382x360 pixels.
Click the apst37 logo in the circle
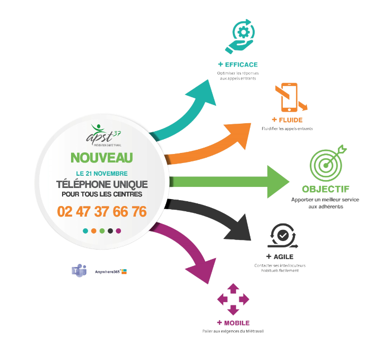click(103, 135)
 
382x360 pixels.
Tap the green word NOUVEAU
click(102, 158)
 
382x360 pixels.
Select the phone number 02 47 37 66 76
click(102, 211)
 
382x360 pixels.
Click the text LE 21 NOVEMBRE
click(102, 174)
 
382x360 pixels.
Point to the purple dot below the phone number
click(118, 231)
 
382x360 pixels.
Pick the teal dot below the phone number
click(85, 231)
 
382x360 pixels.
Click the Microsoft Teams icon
click(79, 270)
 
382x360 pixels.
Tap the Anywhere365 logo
click(111, 271)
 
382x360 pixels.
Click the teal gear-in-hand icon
click(240, 36)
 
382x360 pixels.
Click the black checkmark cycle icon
click(283, 236)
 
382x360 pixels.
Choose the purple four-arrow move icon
click(233, 299)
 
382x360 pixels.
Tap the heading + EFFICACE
click(238, 65)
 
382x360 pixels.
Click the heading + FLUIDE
click(287, 120)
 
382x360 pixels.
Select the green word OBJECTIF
click(326, 189)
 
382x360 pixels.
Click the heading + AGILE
click(280, 256)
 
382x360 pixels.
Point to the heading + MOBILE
click(233, 323)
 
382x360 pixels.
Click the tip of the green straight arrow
click(290, 182)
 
